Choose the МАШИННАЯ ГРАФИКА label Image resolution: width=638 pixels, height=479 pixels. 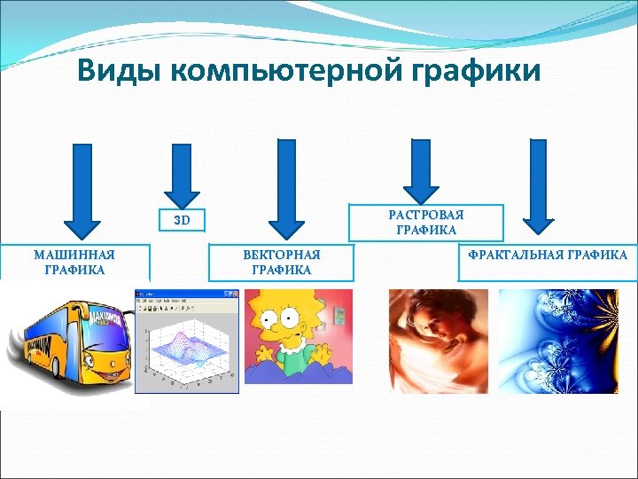click(74, 263)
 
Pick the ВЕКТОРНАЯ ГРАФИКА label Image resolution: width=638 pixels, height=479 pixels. click(281, 263)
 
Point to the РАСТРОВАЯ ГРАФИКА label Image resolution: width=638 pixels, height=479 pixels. click(425, 223)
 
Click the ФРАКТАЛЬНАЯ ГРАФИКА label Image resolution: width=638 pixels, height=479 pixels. click(548, 255)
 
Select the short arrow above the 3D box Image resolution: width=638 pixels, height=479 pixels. click(183, 174)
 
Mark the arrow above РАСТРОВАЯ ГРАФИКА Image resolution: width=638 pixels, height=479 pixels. click(421, 172)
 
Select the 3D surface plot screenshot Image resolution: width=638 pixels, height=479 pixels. click(186, 342)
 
